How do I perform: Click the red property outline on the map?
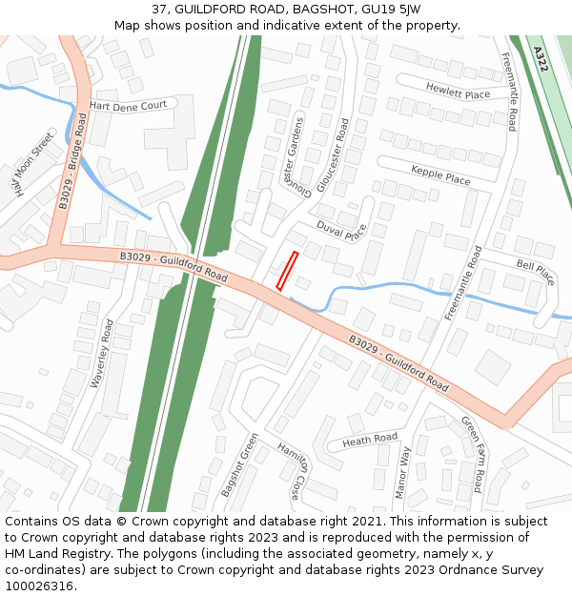(287, 271)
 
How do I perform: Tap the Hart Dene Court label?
(128, 105)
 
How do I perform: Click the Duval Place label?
(341, 231)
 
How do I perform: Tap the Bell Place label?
(535, 273)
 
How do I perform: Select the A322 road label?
(541, 60)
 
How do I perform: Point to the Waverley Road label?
(102, 353)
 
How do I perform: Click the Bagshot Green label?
(239, 464)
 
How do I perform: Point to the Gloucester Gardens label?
(291, 153)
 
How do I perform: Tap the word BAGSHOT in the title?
(320, 9)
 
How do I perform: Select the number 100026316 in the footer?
(38, 586)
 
